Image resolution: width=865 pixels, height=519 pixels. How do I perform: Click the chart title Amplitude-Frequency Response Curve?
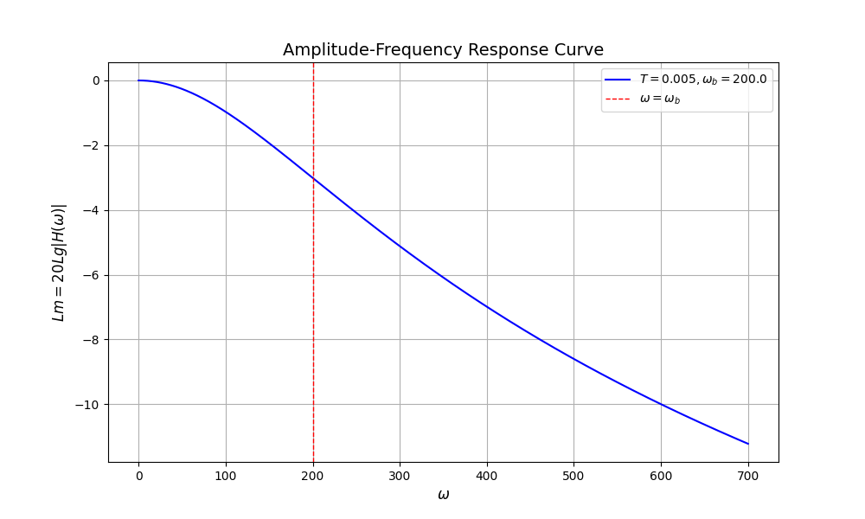point(443,49)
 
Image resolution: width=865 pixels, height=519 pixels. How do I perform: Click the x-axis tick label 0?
point(138,476)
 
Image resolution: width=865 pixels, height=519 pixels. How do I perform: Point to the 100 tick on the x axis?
point(226,476)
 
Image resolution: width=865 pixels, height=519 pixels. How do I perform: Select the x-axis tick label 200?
point(313,476)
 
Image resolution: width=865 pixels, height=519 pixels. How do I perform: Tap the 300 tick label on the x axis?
point(400,476)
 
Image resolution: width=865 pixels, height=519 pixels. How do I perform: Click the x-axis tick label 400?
point(487,476)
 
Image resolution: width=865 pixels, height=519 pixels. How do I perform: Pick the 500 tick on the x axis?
point(574,476)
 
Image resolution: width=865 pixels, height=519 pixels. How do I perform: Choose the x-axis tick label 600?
point(661,476)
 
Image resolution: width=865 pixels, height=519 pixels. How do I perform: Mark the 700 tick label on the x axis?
point(748,476)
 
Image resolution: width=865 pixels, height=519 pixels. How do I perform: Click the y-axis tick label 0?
point(96,80)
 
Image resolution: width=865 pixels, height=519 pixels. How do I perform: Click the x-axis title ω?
point(443,495)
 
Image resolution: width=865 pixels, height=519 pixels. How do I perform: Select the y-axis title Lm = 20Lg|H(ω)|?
point(59,262)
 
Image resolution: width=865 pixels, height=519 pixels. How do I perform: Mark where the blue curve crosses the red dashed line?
point(313,178)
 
